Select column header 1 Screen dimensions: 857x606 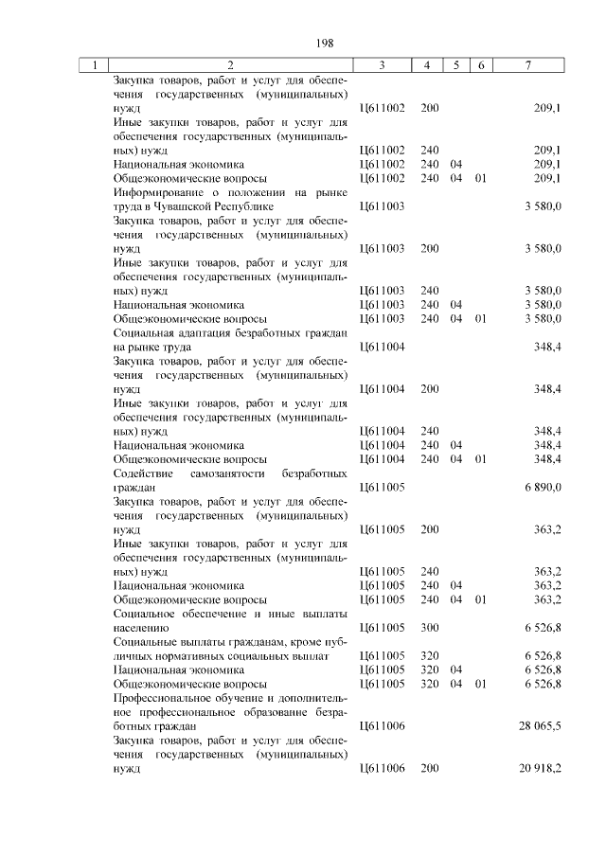tap(95, 65)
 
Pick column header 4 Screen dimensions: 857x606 tap(429, 65)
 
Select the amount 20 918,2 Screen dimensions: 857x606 tap(540, 768)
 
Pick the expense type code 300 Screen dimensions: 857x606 tap(429, 626)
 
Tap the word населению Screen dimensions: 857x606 tap(141, 626)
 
